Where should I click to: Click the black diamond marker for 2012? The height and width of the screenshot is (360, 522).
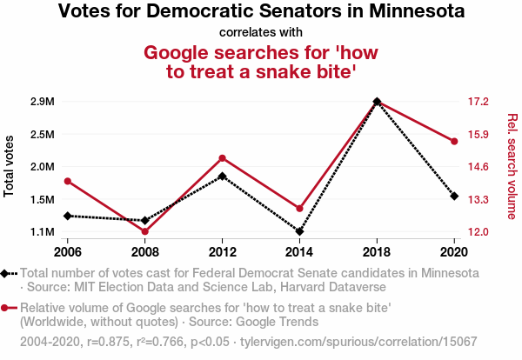point(223,177)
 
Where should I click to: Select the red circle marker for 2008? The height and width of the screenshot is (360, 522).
point(145,231)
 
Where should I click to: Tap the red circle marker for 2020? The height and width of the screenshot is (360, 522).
point(454,141)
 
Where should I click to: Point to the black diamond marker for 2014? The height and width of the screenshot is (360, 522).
point(299,232)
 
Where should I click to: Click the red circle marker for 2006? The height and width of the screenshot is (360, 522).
point(68,181)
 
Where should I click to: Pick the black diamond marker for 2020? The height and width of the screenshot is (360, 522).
point(454,196)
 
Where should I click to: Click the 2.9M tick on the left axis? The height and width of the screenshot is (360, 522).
point(42,102)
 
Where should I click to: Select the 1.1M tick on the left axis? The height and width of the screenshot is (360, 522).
point(42,232)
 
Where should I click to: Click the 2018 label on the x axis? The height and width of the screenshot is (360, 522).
point(377,251)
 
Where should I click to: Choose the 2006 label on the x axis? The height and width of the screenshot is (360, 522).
point(68,251)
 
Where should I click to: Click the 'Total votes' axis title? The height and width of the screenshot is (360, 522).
point(10,167)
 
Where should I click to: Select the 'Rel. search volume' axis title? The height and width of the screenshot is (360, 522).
point(512,167)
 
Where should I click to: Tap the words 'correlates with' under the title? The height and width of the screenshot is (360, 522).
point(261,33)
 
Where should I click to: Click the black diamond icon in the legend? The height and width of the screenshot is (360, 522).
point(7,273)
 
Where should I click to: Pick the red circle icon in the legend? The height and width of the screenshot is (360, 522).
point(7,308)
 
